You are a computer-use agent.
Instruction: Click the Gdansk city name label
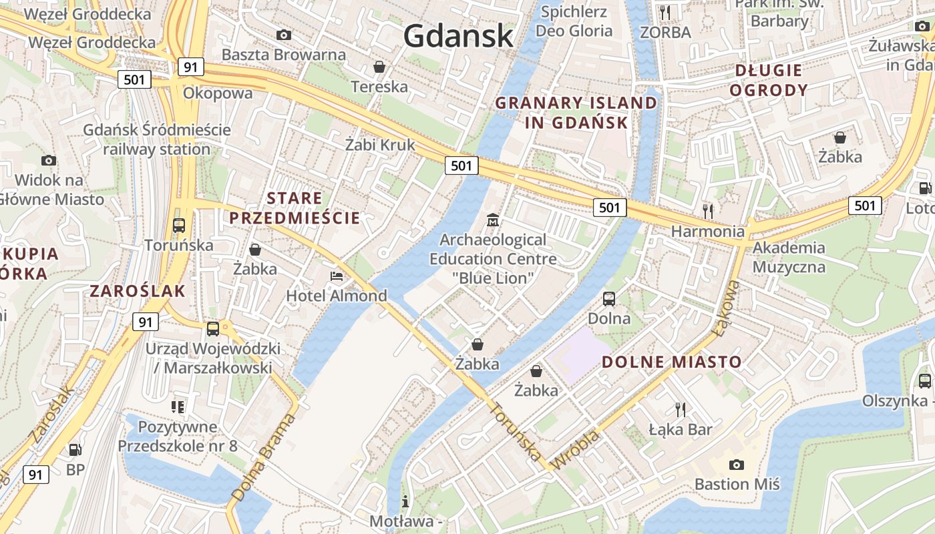pos(458,35)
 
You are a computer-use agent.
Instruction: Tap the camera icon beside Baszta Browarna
pos(284,35)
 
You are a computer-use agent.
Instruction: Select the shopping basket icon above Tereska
pos(379,67)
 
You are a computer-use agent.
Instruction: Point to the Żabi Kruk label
pos(380,144)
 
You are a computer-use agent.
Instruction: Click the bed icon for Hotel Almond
pos(337,276)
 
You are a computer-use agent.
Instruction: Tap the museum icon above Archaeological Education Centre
pos(493,220)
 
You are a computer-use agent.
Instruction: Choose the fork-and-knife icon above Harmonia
pos(708,212)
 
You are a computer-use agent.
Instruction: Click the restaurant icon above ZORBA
pos(665,13)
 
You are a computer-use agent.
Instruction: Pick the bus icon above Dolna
pos(609,298)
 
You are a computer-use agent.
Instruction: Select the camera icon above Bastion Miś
pos(737,465)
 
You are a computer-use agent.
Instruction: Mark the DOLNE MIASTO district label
pos(672,362)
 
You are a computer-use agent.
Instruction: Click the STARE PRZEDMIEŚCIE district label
pos(295,208)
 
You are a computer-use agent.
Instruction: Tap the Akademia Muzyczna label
pos(789,257)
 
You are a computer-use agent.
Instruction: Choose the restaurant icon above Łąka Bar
pos(681,409)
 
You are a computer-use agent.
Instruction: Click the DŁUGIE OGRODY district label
pos(768,79)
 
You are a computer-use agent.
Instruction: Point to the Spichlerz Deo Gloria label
pos(574,21)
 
